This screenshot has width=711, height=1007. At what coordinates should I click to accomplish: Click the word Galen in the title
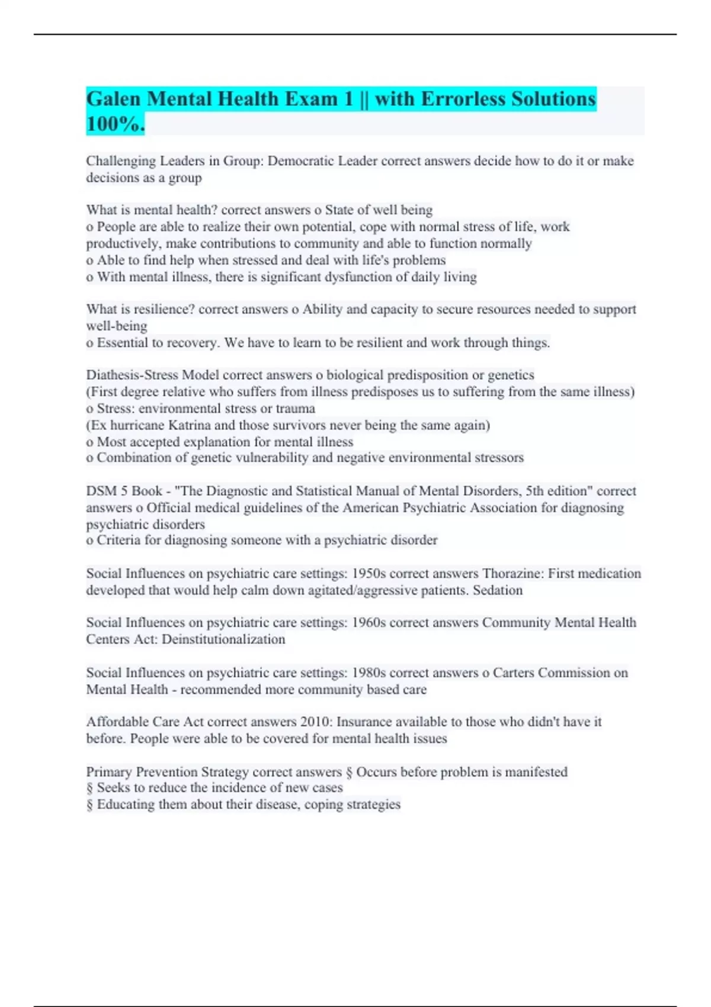[114, 99]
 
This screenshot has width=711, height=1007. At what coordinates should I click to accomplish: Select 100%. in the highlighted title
[115, 124]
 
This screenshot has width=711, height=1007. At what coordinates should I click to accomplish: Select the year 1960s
[369, 623]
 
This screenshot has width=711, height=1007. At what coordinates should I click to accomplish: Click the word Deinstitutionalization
[223, 639]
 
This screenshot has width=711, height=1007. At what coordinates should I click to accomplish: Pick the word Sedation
[498, 590]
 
